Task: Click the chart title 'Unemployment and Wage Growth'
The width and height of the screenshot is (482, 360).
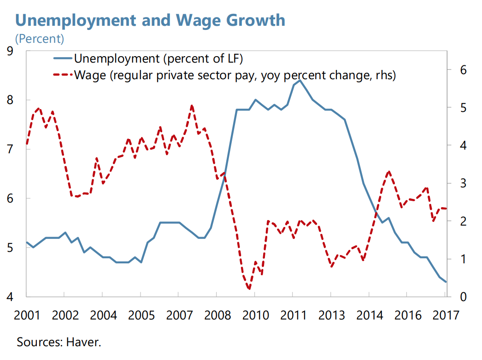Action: point(150,20)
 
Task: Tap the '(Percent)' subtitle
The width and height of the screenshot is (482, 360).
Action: point(40,39)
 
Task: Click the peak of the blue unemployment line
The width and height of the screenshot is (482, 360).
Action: point(300,81)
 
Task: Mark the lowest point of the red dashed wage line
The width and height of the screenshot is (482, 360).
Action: point(249,289)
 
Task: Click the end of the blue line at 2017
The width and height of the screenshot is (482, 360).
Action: point(446,282)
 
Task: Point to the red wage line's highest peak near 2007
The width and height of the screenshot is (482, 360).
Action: point(192,105)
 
